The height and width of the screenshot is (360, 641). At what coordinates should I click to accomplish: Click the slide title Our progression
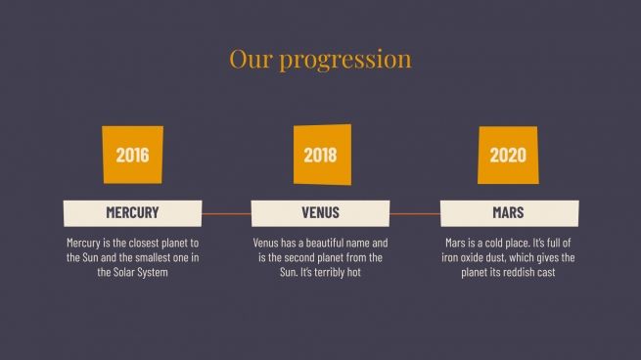point(320,59)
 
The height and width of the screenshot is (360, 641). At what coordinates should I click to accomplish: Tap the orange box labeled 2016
point(132,155)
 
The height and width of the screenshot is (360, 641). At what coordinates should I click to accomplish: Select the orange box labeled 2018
point(320,155)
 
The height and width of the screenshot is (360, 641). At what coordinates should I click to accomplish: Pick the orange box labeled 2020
point(508,155)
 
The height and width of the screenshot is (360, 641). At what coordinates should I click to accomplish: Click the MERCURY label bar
point(132,212)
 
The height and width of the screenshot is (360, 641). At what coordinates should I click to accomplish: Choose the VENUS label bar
point(320,212)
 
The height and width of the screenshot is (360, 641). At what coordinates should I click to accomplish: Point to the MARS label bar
point(508,212)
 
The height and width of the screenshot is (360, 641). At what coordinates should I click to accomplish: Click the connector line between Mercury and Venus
point(226,212)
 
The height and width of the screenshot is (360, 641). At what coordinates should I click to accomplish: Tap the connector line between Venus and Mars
point(414,212)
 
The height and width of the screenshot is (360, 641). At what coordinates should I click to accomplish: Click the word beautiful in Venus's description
point(317,243)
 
